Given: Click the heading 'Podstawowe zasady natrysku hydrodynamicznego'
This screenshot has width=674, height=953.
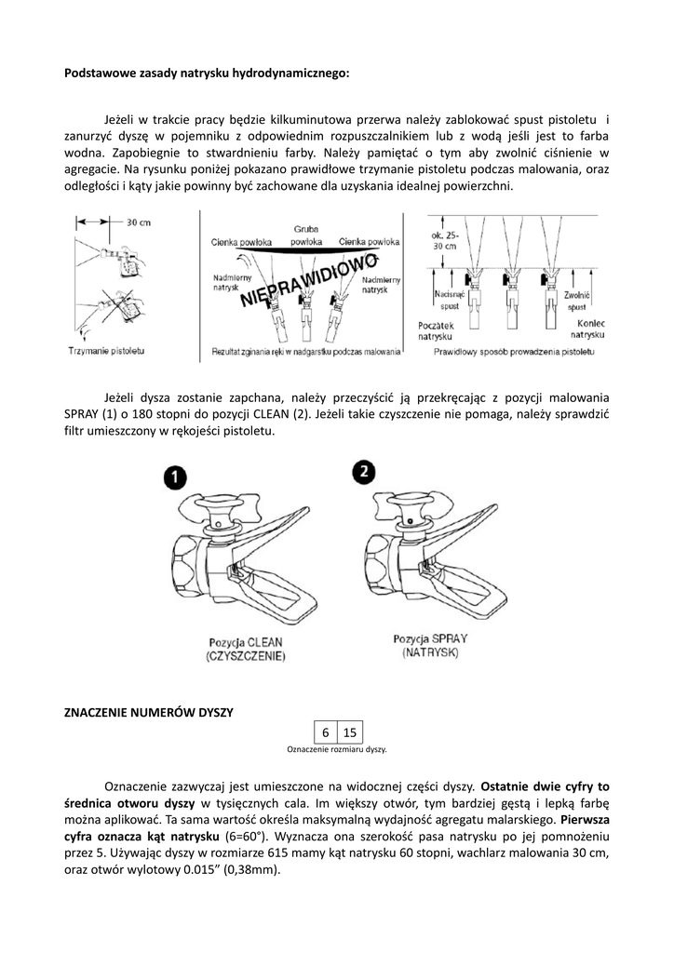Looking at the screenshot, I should coord(207,72).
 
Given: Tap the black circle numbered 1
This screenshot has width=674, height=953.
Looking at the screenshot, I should coord(174,477).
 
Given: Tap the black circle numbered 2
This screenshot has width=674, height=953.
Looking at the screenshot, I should coord(364,473).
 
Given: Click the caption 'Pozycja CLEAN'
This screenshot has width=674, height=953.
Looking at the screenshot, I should coord(247,642).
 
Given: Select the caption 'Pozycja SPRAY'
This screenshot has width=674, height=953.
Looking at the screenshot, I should coord(430,638).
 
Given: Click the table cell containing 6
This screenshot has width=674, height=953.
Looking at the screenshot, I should coord(325,732).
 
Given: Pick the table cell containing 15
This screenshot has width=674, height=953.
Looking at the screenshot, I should coord(349,732).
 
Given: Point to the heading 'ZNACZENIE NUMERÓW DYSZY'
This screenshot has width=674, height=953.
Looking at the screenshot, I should coord(147,712).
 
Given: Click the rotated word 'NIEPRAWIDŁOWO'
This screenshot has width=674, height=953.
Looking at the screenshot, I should coord(308,279).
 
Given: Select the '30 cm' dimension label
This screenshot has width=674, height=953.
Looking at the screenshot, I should coord(139,222).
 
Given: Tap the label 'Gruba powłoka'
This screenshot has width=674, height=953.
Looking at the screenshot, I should coord(305,235).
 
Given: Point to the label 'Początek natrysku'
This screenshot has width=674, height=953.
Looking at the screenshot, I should coord(435,328).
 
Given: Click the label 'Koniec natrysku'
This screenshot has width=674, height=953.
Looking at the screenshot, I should coord(587,328).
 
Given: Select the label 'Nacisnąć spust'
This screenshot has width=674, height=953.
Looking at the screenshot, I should coord(448,300).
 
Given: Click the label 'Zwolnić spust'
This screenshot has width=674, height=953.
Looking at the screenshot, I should coord(577,300).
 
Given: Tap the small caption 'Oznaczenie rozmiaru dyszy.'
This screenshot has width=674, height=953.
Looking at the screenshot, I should coord(336,749).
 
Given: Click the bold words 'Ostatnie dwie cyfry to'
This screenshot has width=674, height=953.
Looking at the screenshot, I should coord(546,785).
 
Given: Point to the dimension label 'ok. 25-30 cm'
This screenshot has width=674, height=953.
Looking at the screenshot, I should coord(445,241).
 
